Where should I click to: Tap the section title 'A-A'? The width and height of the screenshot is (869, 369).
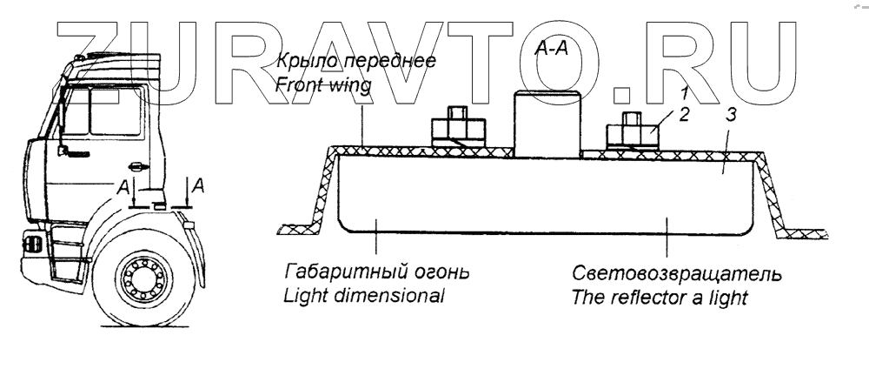pyautogui.click(x=550, y=50)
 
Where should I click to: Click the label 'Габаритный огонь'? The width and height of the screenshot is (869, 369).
pyautogui.click(x=376, y=272)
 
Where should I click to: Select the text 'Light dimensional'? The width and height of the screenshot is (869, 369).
pyautogui.click(x=364, y=295)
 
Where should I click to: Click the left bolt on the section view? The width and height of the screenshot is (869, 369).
pyautogui.click(x=457, y=125)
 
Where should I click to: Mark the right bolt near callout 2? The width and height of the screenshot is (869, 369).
pyautogui.click(x=631, y=131)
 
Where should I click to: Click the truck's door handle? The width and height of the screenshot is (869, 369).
pyautogui.click(x=135, y=165)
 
